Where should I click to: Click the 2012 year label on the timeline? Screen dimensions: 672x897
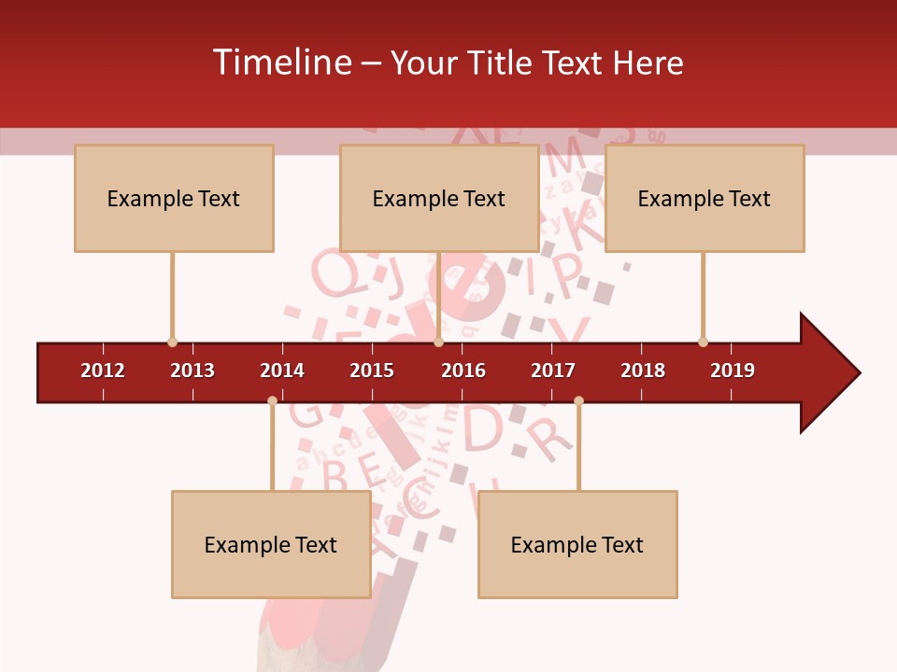103,371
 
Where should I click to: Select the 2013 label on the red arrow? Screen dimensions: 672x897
192,371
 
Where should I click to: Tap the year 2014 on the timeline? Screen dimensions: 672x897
282,371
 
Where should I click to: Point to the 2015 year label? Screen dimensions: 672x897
372,371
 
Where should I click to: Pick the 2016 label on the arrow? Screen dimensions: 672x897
463,371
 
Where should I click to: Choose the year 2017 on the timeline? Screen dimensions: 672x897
553,371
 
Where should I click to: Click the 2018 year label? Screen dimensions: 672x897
643,371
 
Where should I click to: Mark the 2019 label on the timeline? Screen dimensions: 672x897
733,371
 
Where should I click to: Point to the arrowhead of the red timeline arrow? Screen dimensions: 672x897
828,373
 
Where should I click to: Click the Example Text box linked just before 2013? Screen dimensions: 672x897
174,198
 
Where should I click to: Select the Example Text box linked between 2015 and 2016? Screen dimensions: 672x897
439,198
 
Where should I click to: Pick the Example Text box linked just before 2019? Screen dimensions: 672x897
705,198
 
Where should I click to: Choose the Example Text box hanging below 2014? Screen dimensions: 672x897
271,544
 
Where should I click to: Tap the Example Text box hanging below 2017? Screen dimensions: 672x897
577,544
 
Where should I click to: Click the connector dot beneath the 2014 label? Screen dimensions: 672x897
272,400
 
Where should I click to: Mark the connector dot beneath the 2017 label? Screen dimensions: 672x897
578,400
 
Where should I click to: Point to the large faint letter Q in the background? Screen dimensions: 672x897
333,272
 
